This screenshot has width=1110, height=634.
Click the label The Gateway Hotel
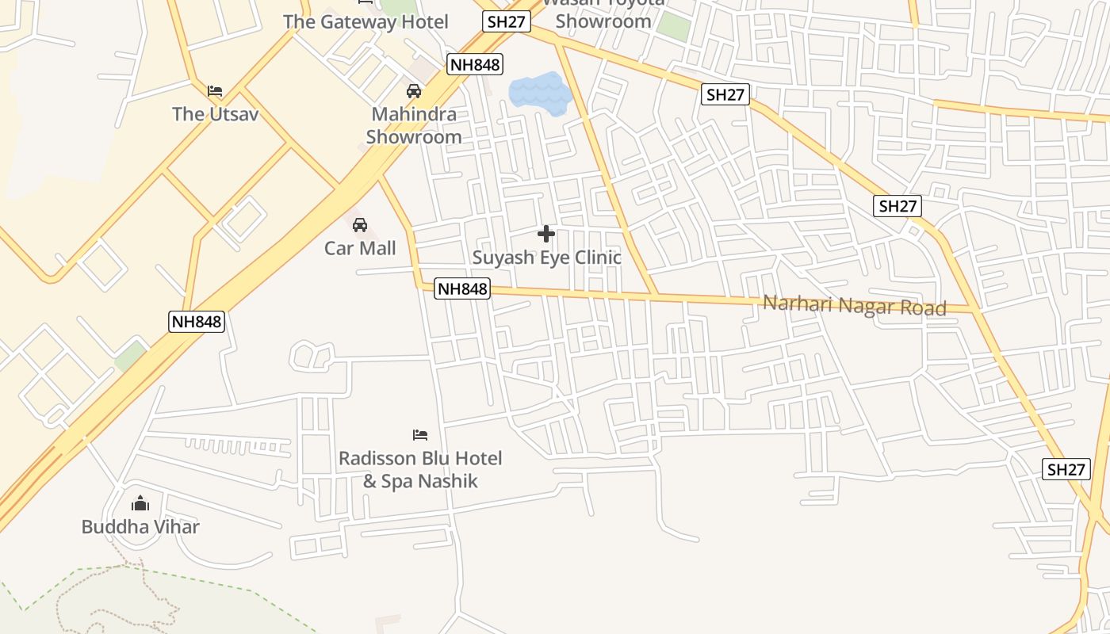[366, 21]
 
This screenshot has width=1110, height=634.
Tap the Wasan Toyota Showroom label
[603, 14]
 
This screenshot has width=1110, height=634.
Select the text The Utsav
[216, 114]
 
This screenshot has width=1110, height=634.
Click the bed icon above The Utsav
[215, 90]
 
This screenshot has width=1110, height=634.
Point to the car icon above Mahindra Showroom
[414, 91]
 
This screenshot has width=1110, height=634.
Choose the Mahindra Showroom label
[414, 125]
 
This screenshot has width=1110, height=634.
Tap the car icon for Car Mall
[360, 226]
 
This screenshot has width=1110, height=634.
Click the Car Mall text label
[360, 248]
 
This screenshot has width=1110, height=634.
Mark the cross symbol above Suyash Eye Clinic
[546, 234]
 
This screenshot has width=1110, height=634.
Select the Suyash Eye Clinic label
[547, 258]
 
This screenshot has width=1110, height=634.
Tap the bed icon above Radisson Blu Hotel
[420, 435]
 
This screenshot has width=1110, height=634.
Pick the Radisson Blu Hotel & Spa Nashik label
[420, 469]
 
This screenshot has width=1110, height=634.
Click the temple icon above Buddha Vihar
[140, 503]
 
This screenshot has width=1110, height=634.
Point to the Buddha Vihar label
[140, 527]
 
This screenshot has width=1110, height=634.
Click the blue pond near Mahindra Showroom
[540, 93]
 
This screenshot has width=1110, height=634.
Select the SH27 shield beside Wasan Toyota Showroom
[507, 21]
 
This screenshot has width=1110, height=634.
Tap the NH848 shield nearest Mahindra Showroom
[475, 64]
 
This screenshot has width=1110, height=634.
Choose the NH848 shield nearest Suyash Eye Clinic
[463, 289]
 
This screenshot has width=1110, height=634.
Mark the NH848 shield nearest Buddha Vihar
[197, 322]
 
